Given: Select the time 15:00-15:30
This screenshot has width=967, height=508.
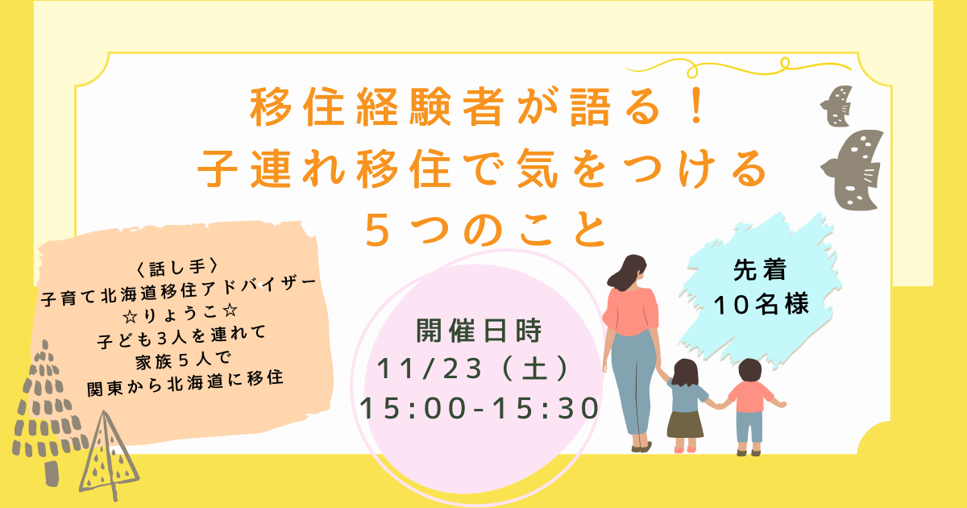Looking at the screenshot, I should tap(479, 408).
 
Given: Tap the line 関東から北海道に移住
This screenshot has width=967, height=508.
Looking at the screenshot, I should tap(185, 377).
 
